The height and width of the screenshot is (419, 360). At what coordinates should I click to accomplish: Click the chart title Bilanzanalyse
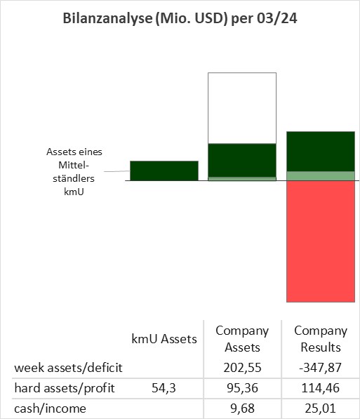pos(180,19)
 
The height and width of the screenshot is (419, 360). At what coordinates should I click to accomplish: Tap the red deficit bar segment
pos(321,241)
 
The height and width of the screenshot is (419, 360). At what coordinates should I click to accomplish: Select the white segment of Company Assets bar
pos(242,108)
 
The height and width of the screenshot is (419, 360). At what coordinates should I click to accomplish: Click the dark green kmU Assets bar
pos(164,171)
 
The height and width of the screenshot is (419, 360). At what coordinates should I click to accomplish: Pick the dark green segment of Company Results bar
pos(321,151)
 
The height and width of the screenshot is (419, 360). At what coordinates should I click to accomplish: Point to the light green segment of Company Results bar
pos(321,176)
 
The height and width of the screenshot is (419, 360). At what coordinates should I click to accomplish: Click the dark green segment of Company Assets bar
pos(242,160)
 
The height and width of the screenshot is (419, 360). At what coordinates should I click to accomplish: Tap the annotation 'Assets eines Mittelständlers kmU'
pos(74,171)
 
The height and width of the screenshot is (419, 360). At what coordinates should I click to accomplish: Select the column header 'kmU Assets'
pos(164,339)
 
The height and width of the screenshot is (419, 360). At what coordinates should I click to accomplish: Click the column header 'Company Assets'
pos(242,339)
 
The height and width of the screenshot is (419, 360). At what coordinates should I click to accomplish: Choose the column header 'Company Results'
pos(321,339)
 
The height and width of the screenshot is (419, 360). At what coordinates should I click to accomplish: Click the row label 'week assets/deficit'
pos(68,368)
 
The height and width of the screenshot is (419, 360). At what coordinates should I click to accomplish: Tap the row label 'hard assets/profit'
pos(65,388)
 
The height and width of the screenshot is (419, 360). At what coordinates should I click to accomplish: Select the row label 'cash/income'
pos(50,408)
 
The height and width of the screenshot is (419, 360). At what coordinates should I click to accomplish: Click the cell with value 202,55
pos(242,368)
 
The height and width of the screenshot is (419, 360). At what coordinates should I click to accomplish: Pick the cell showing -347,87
pos(321,368)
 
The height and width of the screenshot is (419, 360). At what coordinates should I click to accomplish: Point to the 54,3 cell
pos(164,388)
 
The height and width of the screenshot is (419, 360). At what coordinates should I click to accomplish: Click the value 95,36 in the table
pos(242,388)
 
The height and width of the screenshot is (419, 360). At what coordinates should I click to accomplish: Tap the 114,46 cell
pos(321,388)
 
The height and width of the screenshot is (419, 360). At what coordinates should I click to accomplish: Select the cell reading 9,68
pos(242,408)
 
